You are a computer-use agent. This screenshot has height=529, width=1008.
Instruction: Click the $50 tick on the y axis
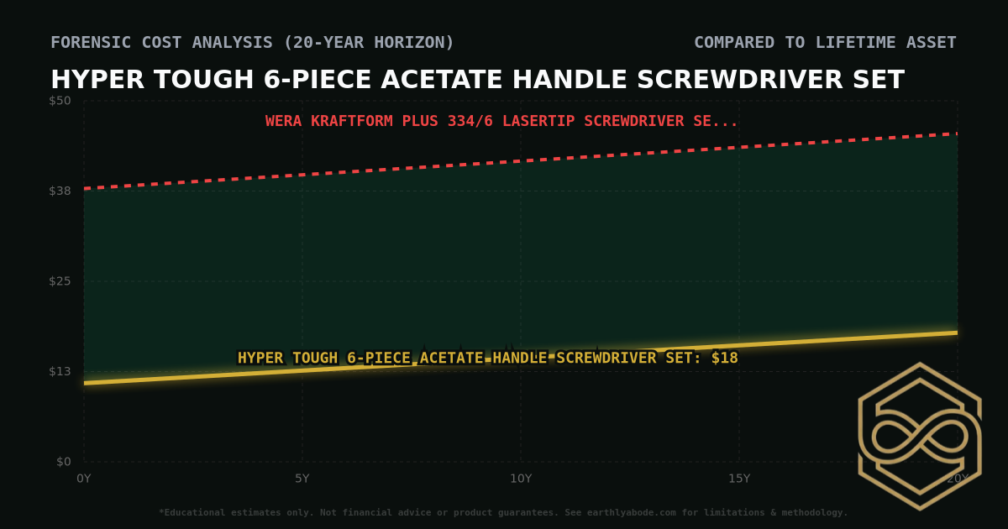(60, 101)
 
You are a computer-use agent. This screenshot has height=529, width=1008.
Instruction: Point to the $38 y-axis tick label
(60, 191)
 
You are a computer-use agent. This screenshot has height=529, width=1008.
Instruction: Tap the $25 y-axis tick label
(60, 280)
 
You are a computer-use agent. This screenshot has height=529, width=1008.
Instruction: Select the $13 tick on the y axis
(60, 371)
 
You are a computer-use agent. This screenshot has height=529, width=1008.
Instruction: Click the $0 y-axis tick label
(64, 461)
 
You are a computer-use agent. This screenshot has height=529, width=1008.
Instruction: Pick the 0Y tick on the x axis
(84, 479)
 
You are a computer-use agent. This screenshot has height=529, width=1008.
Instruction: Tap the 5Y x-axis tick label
(302, 479)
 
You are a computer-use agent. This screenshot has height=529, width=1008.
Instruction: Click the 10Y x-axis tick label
(521, 479)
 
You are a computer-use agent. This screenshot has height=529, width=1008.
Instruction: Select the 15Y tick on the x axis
(739, 479)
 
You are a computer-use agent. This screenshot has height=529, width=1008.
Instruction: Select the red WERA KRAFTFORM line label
(501, 121)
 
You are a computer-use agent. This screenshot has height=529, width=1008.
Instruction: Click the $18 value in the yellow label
(725, 358)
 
